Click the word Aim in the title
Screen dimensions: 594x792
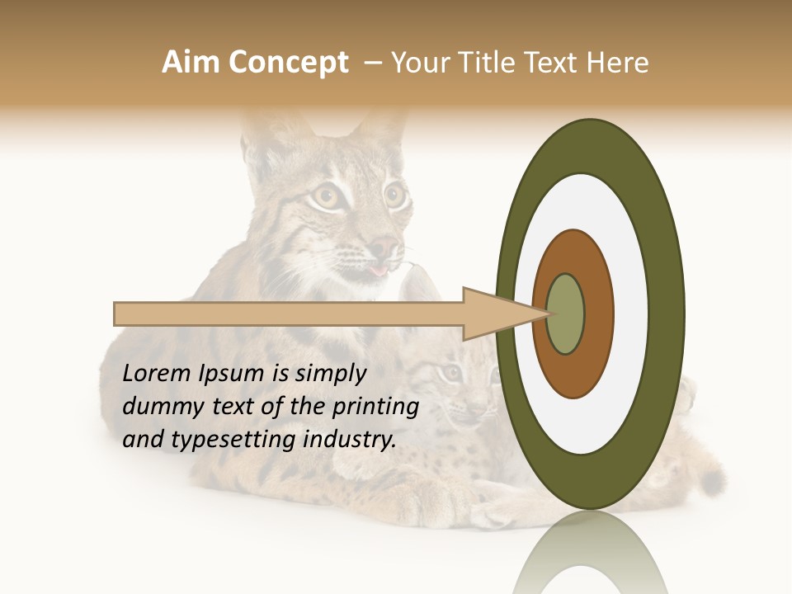pyautogui.click(x=191, y=63)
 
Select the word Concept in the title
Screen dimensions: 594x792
pyautogui.click(x=288, y=64)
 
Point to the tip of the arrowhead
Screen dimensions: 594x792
pyautogui.click(x=548, y=313)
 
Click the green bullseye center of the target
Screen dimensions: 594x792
pyautogui.click(x=565, y=314)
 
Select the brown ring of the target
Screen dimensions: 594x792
pyautogui.click(x=598, y=314)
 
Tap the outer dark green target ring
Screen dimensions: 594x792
pyautogui.click(x=668, y=314)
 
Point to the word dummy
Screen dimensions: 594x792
pyautogui.click(x=158, y=407)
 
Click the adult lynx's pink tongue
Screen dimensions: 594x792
pyautogui.click(x=378, y=270)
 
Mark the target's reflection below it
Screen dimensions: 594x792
pyautogui.click(x=590, y=561)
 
